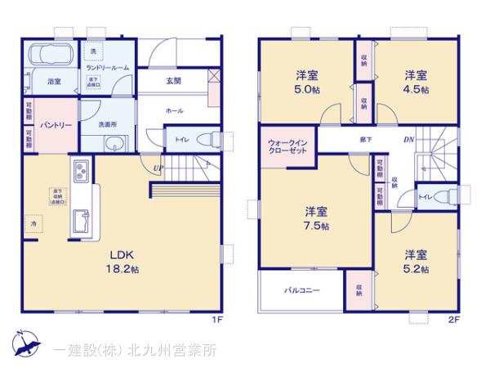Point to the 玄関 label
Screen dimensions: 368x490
pos(174,81)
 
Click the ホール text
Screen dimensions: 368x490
pos(174,110)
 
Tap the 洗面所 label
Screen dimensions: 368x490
pos(109,124)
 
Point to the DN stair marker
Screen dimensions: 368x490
pos(408,140)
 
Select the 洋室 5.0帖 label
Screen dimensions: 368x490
pos(308,83)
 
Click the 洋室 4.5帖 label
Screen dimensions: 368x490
pos(416,83)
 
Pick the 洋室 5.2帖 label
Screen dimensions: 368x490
pos(415,259)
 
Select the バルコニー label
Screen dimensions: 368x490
pos(301,290)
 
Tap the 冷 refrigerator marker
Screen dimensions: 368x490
pos(34,222)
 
